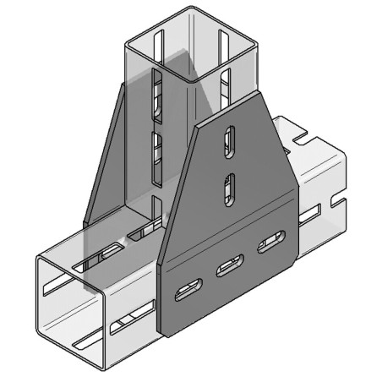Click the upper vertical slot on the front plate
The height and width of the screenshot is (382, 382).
click(228, 142)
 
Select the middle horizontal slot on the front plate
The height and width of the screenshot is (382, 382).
click(228, 269)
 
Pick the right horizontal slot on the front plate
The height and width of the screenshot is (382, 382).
click(270, 245)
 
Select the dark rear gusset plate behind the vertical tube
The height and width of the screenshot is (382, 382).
click(106, 169)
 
